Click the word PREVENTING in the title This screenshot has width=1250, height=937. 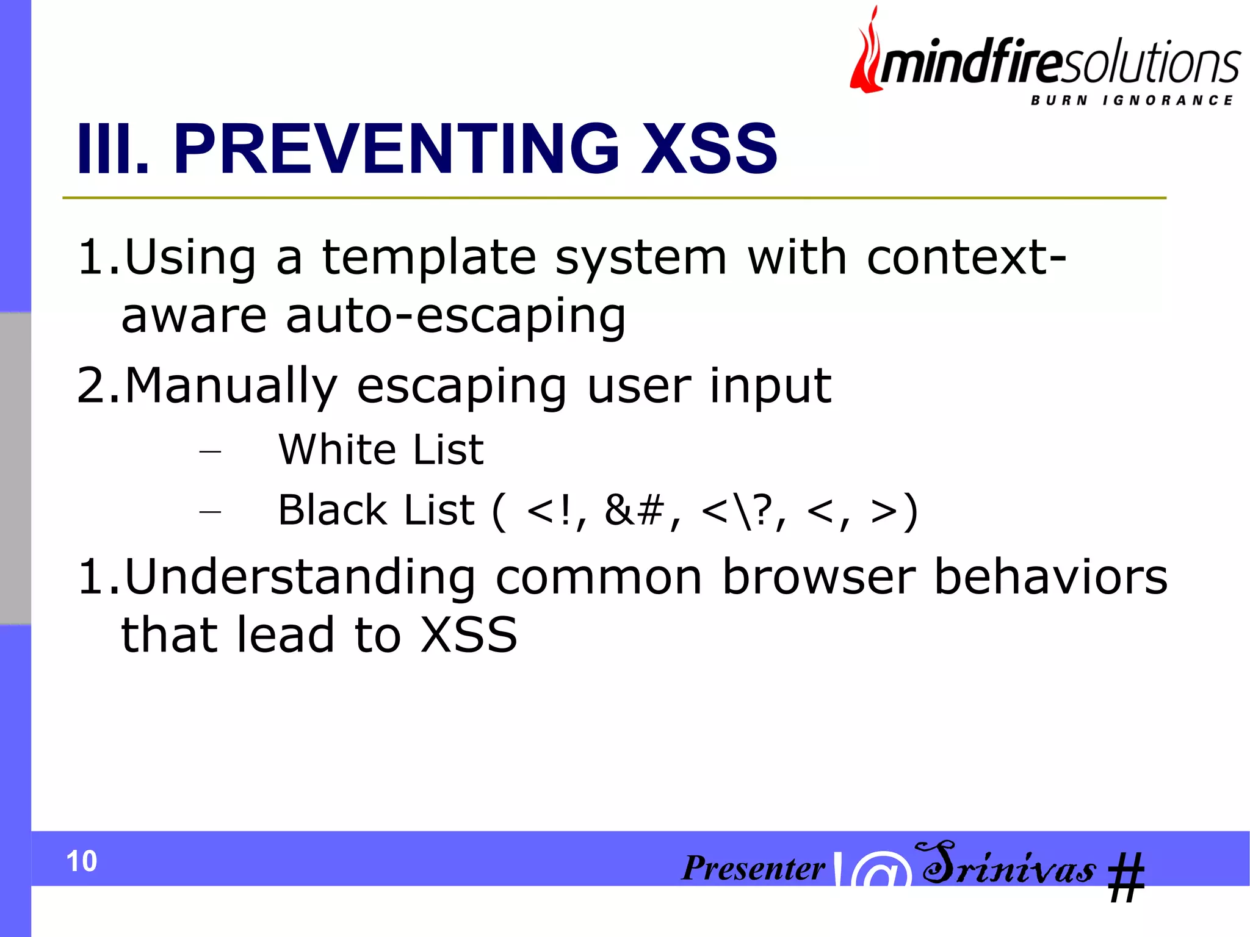click(396, 149)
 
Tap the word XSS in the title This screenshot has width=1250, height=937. click(709, 149)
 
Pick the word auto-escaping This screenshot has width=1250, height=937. click(455, 317)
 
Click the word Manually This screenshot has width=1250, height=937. click(231, 387)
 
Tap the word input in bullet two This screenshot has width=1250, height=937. click(770, 387)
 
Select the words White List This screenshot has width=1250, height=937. click(381, 450)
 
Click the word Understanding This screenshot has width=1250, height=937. click(300, 577)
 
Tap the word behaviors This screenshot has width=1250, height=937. click(1050, 577)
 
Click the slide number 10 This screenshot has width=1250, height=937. click(81, 861)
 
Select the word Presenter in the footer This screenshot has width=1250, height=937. click(753, 867)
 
